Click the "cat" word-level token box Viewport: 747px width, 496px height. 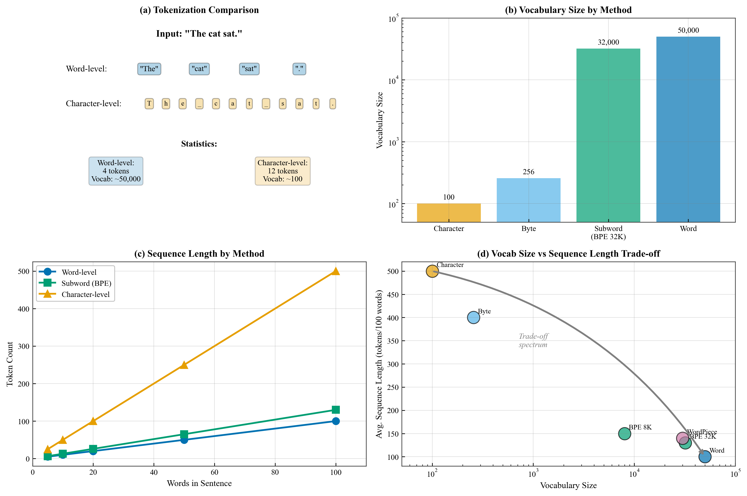coord(199,69)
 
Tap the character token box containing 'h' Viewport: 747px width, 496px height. coord(166,103)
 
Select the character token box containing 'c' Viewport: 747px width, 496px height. coord(216,103)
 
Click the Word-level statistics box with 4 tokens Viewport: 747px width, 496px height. coord(116,171)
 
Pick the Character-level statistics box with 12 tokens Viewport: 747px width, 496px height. coord(283,171)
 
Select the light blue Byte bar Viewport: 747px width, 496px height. coord(528,200)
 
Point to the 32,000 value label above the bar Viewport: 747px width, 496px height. coord(608,42)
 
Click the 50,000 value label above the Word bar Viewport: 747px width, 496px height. coord(688,30)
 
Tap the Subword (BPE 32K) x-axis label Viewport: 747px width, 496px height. coord(608,232)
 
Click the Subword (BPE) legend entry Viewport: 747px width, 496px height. coord(86,283)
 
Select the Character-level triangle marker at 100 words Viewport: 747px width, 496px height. coord(336,271)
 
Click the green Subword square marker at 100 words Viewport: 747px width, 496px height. coord(336,410)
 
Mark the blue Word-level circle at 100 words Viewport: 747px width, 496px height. coord(336,421)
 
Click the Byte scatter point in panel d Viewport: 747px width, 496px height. coord(473,317)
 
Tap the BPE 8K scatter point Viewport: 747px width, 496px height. coord(624,433)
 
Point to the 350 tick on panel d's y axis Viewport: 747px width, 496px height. coord(393,341)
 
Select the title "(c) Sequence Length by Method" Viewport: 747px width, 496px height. coord(199,254)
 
